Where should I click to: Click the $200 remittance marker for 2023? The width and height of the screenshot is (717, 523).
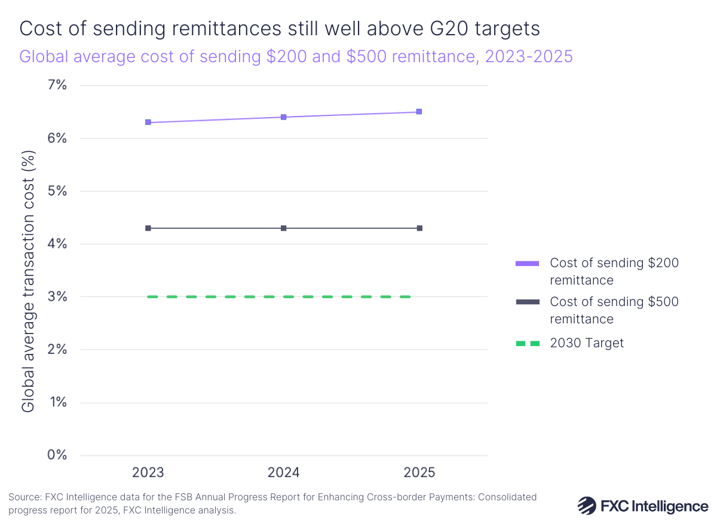click(x=148, y=123)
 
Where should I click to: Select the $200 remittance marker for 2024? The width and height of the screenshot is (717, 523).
click(x=284, y=117)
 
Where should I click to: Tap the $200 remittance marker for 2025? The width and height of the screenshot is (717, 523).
click(x=419, y=112)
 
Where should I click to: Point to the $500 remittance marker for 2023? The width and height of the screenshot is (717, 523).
click(x=148, y=228)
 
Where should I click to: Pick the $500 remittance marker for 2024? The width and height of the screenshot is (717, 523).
click(x=284, y=228)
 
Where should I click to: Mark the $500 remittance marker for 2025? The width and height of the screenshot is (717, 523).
click(x=419, y=228)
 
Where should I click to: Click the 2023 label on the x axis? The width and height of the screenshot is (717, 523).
click(x=148, y=473)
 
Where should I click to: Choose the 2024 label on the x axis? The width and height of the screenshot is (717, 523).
click(x=284, y=473)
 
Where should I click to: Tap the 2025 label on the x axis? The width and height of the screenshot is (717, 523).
click(x=419, y=473)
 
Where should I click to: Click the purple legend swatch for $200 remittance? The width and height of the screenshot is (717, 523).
click(x=527, y=263)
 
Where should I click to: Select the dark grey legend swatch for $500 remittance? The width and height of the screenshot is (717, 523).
click(x=527, y=302)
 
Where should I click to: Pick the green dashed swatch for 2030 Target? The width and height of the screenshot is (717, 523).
click(x=527, y=343)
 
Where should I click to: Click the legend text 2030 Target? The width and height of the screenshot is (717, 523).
click(x=586, y=343)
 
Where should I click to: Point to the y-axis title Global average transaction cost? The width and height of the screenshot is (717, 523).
click(x=28, y=281)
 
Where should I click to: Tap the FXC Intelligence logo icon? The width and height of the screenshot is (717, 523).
click(x=587, y=506)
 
